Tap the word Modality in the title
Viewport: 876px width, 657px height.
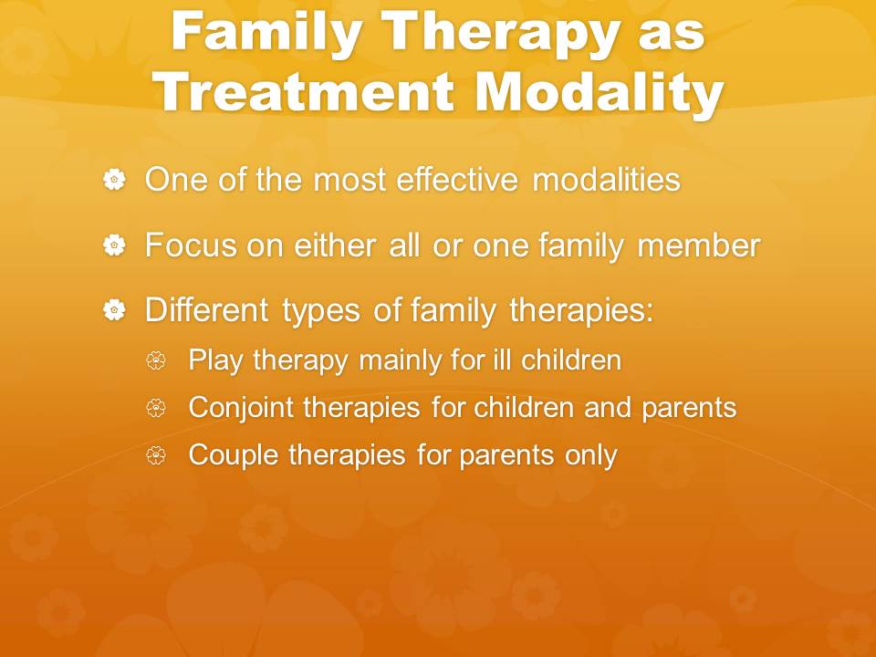600,91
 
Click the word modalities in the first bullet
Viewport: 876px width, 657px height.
606,180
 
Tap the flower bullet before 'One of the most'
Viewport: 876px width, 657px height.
115,180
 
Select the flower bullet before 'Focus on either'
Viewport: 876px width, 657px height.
115,245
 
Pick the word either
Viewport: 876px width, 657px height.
334,245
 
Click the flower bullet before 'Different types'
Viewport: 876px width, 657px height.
115,310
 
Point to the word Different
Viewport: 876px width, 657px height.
207,310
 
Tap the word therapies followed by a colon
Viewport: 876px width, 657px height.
581,311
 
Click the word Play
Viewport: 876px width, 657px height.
215,360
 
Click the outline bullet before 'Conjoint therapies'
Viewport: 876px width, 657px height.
156,408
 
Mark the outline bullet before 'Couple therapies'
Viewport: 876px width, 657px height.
156,455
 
